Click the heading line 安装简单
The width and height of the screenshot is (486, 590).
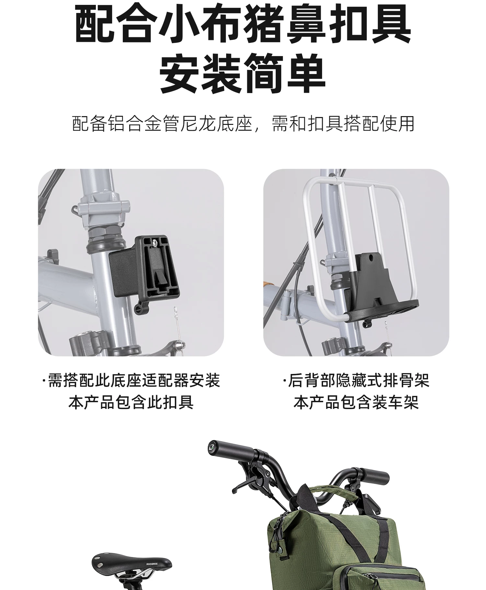click(x=243, y=74)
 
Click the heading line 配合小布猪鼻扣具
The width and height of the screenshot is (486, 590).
click(x=243, y=24)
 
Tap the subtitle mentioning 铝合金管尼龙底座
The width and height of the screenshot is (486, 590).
click(x=243, y=124)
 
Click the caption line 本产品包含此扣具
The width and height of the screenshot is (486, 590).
click(x=131, y=403)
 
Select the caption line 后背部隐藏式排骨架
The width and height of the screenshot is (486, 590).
click(x=356, y=381)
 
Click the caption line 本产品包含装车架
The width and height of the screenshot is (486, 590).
click(x=356, y=403)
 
